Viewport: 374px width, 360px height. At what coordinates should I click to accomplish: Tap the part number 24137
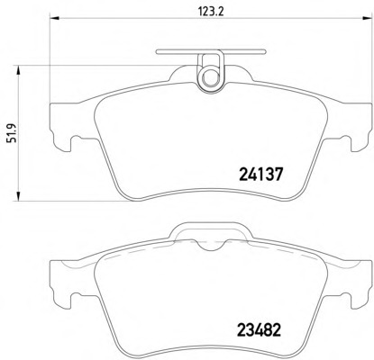261,176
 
